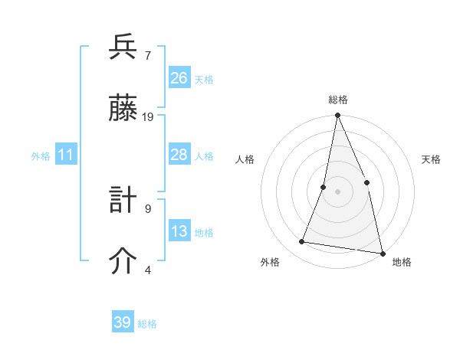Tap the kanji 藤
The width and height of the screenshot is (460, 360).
(123, 110)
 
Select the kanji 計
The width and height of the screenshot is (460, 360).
(123, 201)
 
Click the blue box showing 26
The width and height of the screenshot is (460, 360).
(179, 78)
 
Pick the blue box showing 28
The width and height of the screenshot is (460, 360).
(179, 155)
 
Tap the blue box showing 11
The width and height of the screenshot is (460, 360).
(66, 155)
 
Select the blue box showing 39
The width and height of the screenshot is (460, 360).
(123, 322)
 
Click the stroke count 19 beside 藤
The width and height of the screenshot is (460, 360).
(148, 117)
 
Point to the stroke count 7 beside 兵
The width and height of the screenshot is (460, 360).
(148, 56)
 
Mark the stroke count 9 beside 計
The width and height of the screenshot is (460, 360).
(148, 208)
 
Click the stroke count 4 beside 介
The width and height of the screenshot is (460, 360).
(148, 270)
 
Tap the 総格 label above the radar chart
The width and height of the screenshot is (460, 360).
(337, 100)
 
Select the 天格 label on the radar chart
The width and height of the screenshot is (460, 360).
(431, 159)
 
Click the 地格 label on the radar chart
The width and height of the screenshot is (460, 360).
(402, 262)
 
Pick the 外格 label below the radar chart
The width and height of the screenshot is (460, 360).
(270, 262)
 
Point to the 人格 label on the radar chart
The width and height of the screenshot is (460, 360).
(245, 159)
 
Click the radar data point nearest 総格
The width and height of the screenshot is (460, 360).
(337, 116)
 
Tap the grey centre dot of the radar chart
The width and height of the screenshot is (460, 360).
(337, 191)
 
